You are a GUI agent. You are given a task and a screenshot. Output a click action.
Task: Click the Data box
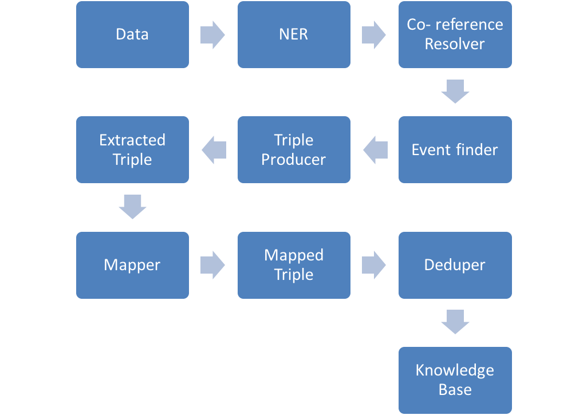[132, 34]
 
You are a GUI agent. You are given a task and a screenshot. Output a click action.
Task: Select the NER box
[294, 34]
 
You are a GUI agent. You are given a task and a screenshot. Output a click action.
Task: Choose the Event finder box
[455, 150]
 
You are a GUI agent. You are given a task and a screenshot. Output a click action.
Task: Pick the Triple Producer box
[294, 150]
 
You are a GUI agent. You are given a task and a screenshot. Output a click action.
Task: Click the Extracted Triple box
[132, 150]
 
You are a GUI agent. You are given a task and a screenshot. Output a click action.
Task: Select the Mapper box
[132, 265]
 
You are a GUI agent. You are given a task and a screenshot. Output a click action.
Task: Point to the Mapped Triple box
[294, 265]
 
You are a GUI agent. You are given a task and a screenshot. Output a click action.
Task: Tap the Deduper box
[455, 265]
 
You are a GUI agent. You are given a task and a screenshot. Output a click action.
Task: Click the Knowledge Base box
[455, 380]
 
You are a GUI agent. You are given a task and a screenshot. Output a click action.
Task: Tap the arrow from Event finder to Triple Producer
[375, 150]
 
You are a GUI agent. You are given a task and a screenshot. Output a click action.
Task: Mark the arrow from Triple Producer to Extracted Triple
[214, 150]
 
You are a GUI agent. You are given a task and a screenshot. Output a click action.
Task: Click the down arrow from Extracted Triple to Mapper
[132, 207]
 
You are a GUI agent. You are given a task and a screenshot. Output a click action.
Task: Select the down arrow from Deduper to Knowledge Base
[455, 322]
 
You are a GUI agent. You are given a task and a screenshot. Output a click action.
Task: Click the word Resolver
[455, 44]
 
